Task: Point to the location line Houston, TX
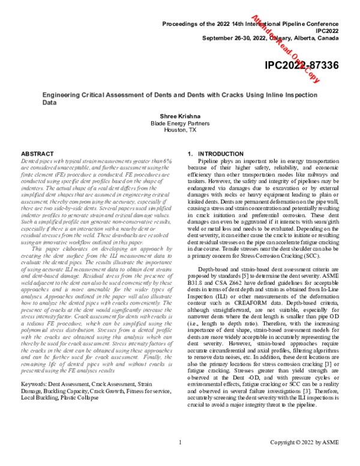180,129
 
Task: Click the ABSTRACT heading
38,155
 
